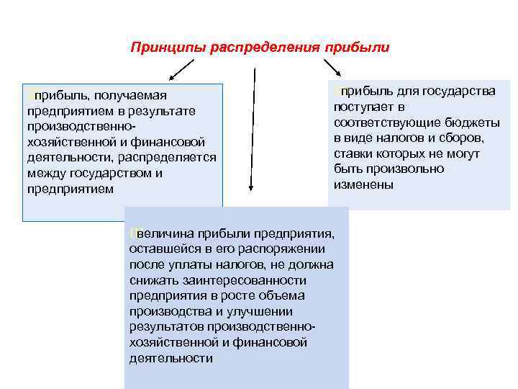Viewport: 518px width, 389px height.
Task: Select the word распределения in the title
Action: pos(263,48)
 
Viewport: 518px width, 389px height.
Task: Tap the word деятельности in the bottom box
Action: pos(171,358)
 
